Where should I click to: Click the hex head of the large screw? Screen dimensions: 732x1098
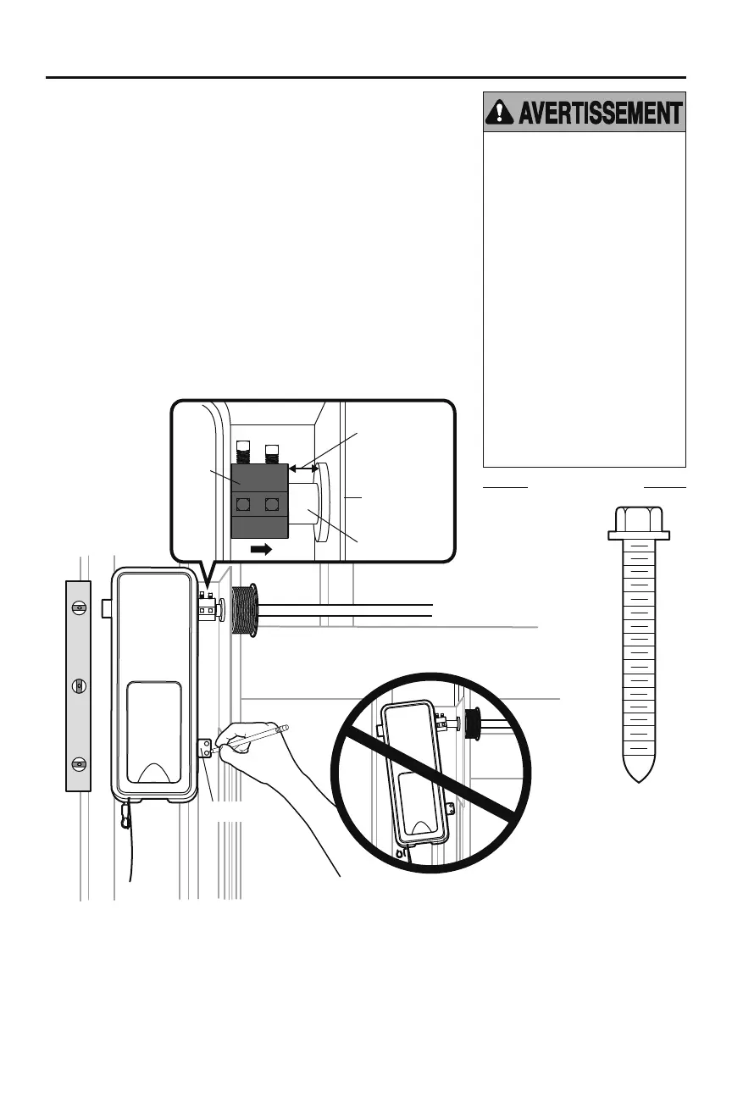(x=639, y=519)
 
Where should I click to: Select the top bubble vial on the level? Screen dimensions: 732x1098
(x=78, y=608)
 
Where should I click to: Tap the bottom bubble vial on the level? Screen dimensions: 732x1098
(x=78, y=763)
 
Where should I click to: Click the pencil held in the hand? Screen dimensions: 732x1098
(x=254, y=736)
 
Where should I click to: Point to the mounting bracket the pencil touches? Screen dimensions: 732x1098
(x=205, y=749)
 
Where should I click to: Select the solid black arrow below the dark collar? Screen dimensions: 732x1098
(x=263, y=549)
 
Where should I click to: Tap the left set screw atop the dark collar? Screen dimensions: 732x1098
(x=244, y=455)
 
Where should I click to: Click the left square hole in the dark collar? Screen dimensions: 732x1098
(x=244, y=507)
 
